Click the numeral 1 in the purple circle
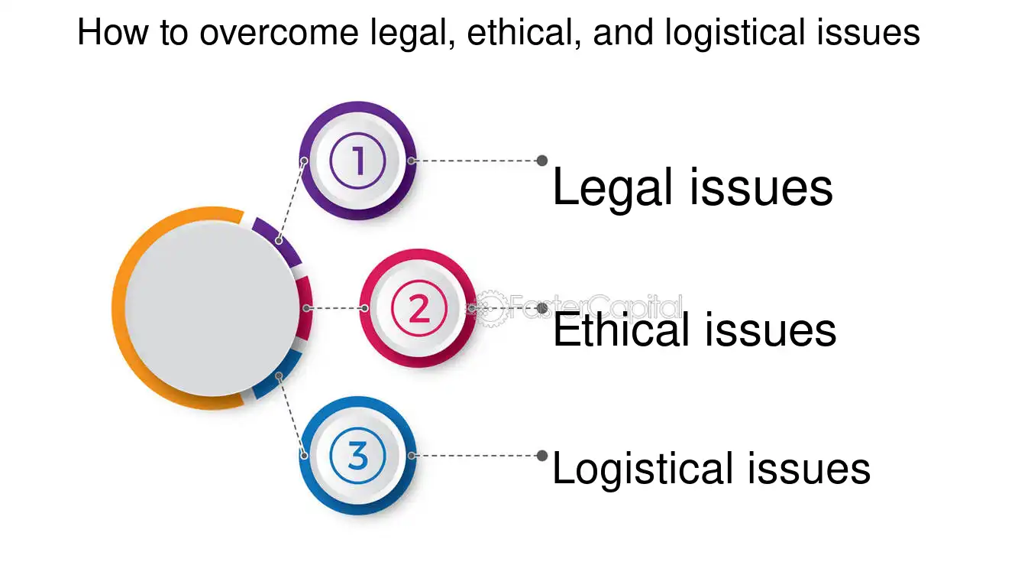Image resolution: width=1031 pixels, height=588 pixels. point(358,161)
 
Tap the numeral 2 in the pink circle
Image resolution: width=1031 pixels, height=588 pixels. point(419,308)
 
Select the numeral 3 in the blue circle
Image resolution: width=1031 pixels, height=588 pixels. point(357,455)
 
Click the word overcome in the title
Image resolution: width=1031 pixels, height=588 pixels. point(279,32)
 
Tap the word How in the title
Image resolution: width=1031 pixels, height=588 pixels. point(113,32)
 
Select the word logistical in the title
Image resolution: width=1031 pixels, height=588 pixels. point(735,33)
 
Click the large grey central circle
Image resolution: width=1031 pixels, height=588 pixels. point(212,308)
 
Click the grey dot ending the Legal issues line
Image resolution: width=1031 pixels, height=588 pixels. point(542,161)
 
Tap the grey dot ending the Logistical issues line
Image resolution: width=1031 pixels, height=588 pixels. point(542,456)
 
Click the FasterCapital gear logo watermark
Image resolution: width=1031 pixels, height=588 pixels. point(490,308)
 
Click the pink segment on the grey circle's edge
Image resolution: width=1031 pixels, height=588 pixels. point(306,308)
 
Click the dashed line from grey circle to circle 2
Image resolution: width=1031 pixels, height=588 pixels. point(335,308)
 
